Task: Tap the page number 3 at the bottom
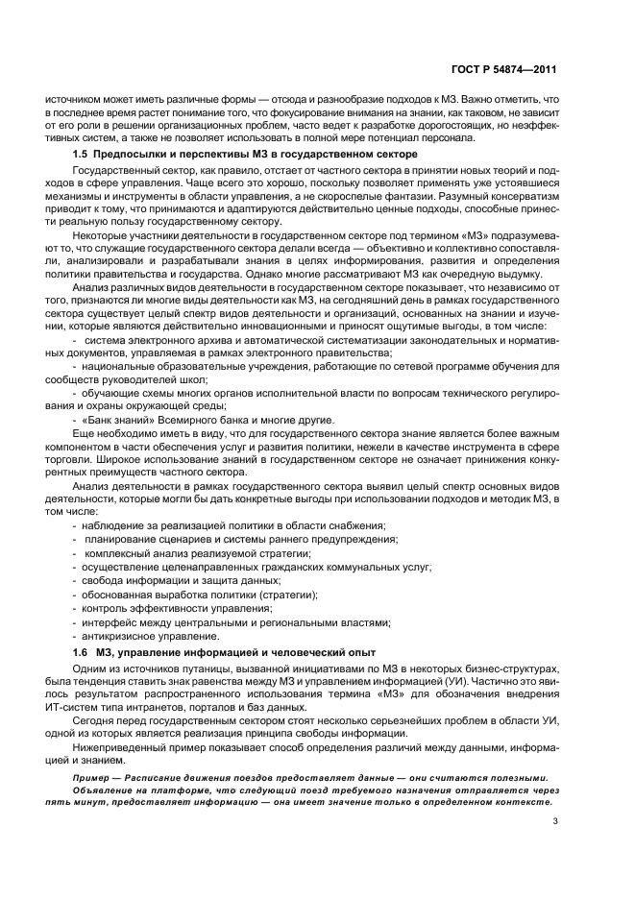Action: [x=555, y=821]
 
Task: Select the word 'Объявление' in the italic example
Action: [x=106, y=790]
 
